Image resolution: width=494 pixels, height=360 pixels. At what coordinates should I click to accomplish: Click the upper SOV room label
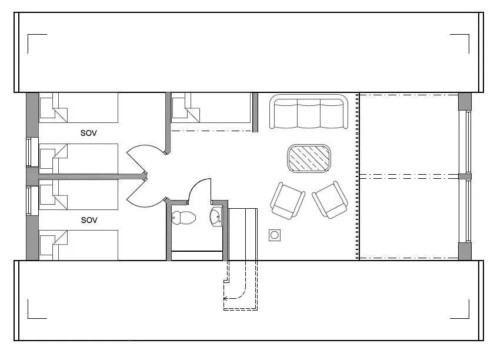click(89, 133)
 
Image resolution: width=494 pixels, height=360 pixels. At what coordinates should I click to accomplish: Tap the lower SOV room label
click(89, 220)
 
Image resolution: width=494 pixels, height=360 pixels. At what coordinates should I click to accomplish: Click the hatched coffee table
click(309, 158)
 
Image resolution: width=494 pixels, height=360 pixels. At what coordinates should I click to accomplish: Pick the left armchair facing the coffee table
click(288, 201)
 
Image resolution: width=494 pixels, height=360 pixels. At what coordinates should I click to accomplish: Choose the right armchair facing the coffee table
click(330, 199)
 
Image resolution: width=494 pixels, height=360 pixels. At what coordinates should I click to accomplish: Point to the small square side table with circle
click(275, 235)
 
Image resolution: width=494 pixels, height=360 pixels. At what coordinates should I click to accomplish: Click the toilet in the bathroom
click(183, 218)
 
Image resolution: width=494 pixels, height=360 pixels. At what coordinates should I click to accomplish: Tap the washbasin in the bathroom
click(216, 216)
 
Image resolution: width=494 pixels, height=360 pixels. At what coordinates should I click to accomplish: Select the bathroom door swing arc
click(198, 189)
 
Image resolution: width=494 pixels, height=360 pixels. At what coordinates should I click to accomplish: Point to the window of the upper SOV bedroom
click(29, 152)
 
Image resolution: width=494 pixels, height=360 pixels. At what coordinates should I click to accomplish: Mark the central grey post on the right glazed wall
click(465, 176)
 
